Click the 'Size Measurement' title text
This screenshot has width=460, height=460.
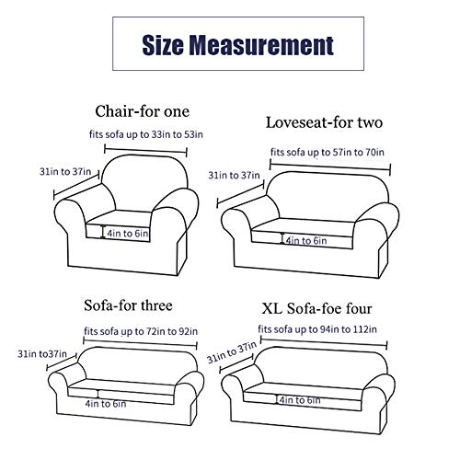(238, 45)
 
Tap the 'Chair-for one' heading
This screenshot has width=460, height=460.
(142, 111)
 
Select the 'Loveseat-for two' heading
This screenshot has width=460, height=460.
(324, 122)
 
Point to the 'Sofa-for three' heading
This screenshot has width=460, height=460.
(128, 305)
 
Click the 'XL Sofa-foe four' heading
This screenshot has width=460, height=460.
(316, 308)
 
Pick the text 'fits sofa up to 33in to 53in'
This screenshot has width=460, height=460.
(146, 134)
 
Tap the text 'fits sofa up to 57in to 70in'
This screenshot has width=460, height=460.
(328, 152)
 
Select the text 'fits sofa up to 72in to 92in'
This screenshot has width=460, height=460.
(141, 331)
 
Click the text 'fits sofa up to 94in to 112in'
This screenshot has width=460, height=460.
(317, 329)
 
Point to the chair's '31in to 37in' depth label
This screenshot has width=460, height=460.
(65, 171)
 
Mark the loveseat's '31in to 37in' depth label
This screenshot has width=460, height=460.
(234, 175)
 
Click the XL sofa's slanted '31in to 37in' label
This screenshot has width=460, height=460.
(232, 352)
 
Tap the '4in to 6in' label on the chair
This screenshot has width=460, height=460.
(128, 234)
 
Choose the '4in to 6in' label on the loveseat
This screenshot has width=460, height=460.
(306, 241)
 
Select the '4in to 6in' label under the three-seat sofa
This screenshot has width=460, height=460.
(106, 404)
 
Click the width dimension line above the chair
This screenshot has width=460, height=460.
(145, 151)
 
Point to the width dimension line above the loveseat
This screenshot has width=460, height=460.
(330, 167)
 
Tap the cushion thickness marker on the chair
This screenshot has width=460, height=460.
(103, 232)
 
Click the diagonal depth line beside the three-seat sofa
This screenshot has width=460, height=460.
(62, 362)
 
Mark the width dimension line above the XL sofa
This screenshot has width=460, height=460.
(324, 342)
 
